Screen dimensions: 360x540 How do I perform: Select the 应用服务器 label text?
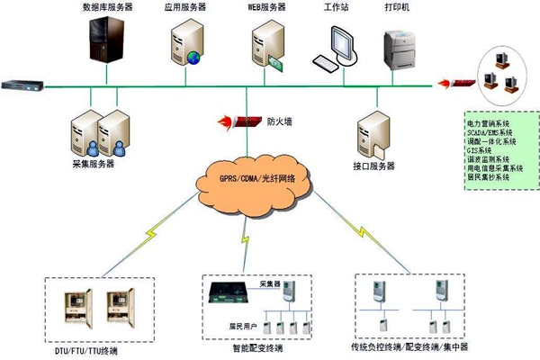[184, 6]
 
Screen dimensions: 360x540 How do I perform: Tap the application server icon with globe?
[186, 45]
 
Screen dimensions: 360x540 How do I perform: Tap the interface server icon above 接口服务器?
[371, 131]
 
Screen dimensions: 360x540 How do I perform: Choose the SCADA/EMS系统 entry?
[489, 131]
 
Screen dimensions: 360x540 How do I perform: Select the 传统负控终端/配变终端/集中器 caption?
[409, 346]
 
